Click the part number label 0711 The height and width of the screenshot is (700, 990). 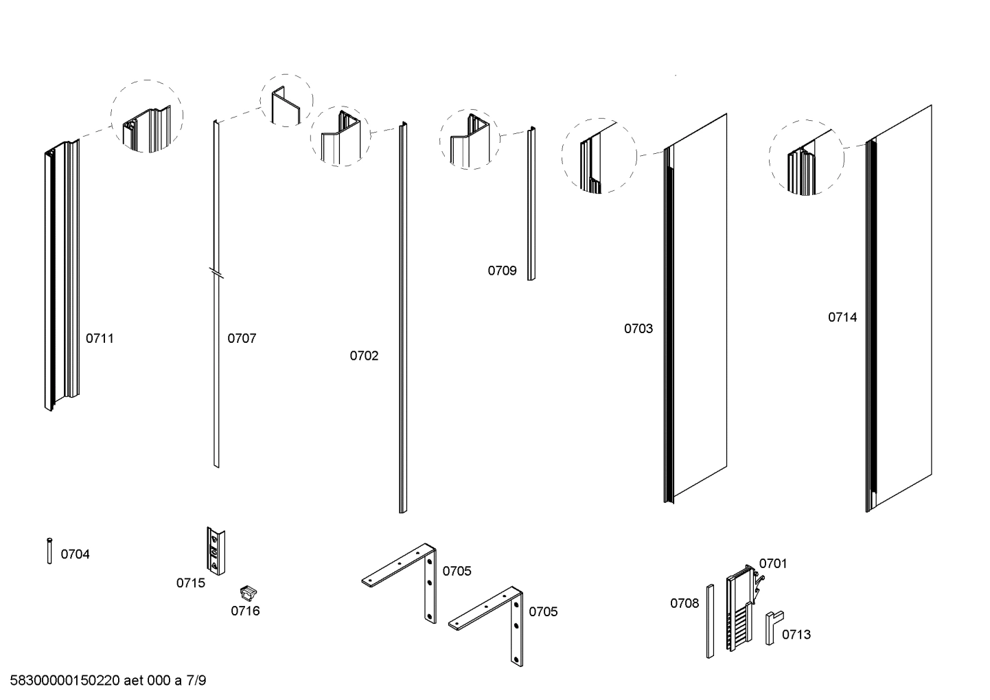100,338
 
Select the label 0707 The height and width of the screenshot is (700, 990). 242,338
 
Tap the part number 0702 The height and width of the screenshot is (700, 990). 364,355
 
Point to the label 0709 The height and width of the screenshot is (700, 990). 502,271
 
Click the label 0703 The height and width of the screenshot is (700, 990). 638,328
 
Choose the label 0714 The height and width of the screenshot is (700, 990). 842,317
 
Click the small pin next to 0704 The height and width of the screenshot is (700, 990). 49,550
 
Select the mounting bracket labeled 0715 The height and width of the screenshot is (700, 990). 216,551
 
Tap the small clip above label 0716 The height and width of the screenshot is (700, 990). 248,591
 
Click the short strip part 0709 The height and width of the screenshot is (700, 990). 531,204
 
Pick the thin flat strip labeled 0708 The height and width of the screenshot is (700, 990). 711,621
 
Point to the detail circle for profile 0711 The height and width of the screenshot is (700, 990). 147,116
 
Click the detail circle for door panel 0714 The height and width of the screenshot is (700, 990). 805,159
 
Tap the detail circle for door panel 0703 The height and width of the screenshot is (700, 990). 599,157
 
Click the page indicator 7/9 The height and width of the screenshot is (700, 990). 196,681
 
